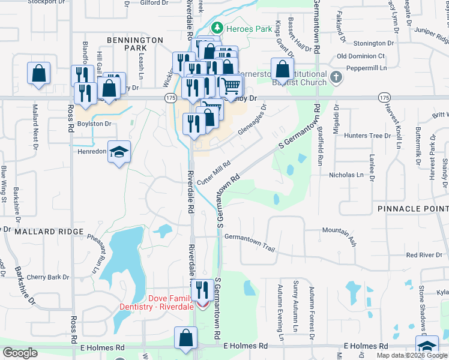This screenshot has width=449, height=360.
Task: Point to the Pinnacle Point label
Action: [413, 208]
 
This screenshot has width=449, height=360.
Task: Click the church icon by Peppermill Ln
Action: [336, 77]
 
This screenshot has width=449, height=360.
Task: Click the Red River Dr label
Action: [424, 255]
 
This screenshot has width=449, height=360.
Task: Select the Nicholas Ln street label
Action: [346, 175]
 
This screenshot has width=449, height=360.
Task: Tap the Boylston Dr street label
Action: [95, 124]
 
